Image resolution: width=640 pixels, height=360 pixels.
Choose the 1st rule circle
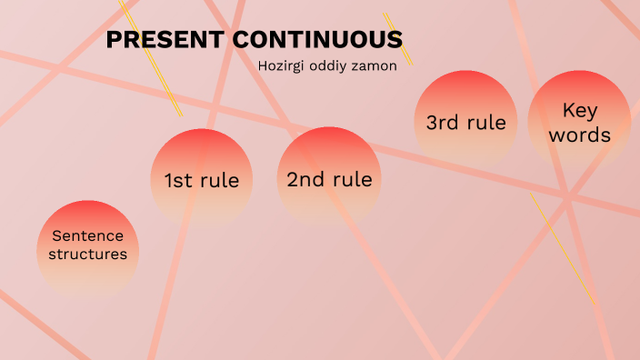tap(201, 178)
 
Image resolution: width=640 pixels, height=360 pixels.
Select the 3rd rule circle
tap(465, 121)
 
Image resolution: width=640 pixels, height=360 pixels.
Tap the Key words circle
tap(579, 121)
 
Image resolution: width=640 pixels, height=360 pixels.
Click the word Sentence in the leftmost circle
tap(87, 235)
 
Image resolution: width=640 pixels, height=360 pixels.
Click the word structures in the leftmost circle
tap(87, 255)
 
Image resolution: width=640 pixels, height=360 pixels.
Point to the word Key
tap(579, 110)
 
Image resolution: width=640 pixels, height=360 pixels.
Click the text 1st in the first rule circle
tap(177, 181)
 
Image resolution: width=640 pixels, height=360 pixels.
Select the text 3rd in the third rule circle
tap(444, 123)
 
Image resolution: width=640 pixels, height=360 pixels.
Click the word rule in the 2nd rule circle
tap(353, 179)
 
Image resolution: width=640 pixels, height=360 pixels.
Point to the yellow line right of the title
tap(397, 37)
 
